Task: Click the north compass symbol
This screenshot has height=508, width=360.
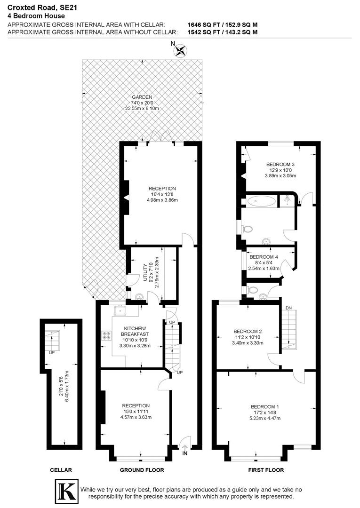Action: point(180,50)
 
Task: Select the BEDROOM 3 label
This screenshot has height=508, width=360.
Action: point(280,164)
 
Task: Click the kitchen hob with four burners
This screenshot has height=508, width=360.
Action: point(107,335)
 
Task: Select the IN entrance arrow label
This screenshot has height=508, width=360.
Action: point(184,453)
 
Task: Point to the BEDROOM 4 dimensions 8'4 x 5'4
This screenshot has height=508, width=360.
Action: point(264,263)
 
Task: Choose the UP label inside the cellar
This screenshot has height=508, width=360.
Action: point(50,352)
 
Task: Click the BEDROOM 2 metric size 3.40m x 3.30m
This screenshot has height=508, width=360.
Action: point(247,343)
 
